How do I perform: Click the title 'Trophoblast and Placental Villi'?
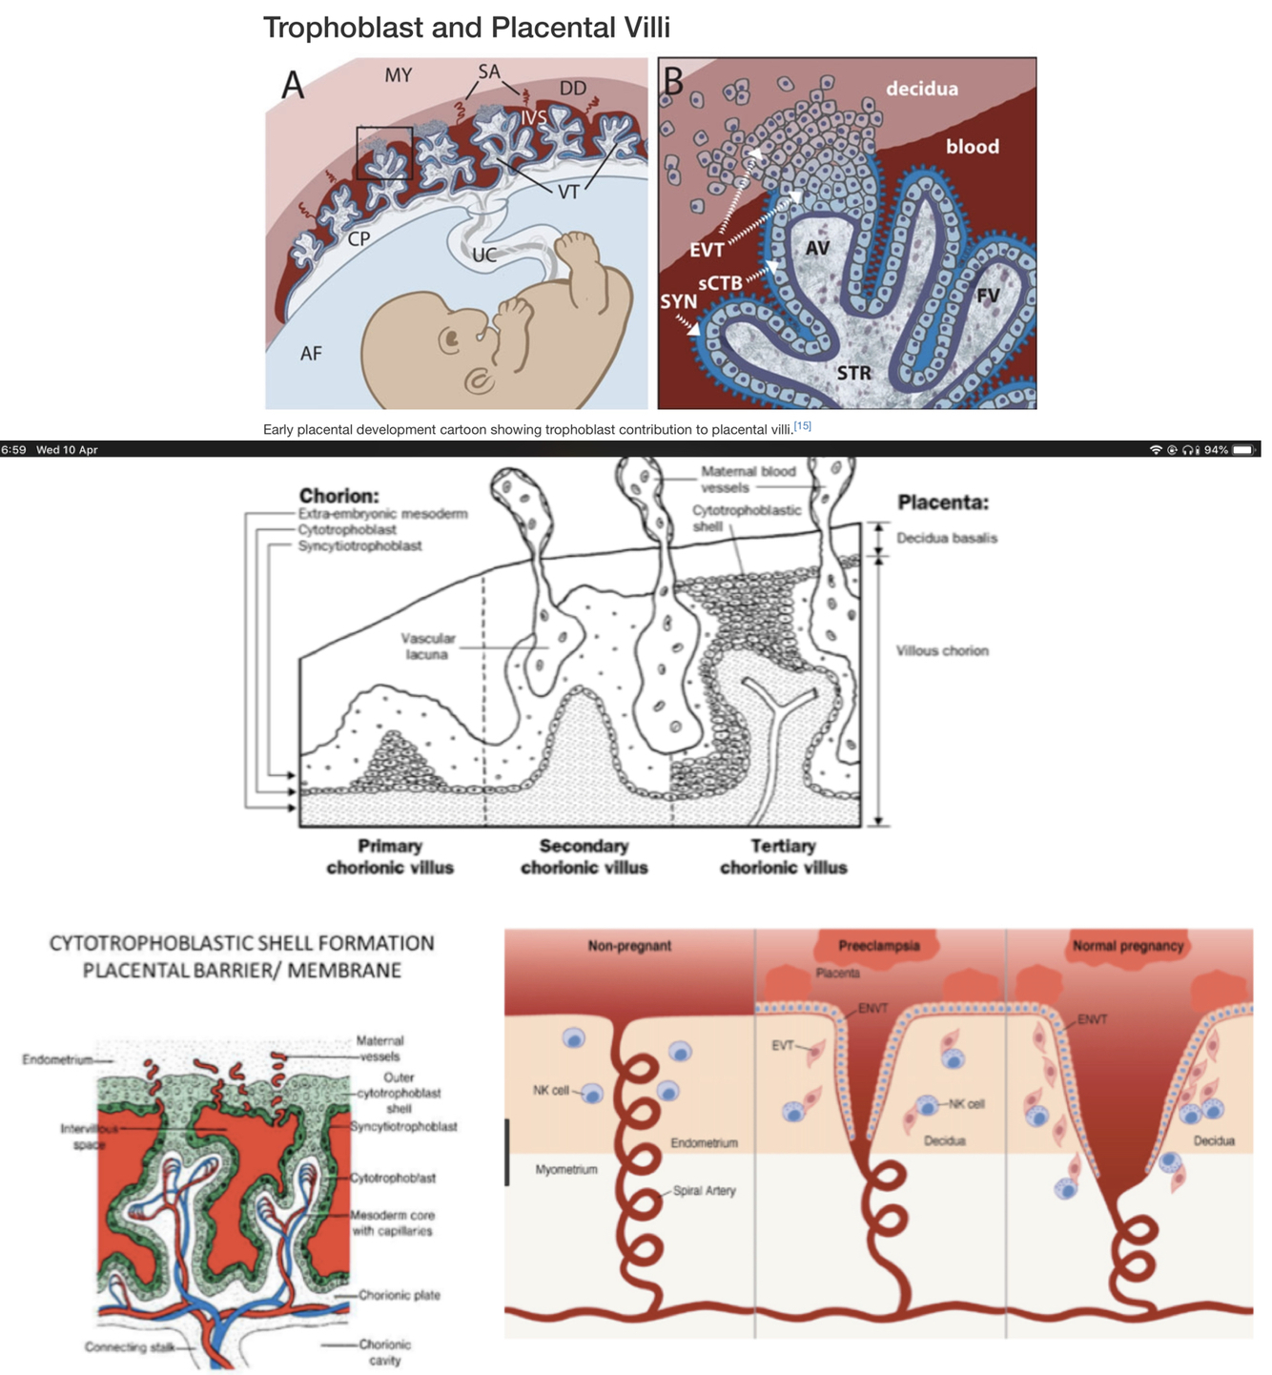tap(466, 28)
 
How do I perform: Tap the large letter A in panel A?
tap(293, 86)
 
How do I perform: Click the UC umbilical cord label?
tap(484, 256)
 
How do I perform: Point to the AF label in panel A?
tap(311, 354)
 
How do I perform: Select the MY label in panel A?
tap(399, 75)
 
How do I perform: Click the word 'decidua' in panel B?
tap(921, 89)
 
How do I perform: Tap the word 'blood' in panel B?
tap(972, 147)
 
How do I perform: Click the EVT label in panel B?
tap(707, 251)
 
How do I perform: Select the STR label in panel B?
tap(853, 373)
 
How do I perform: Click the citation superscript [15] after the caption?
tap(802, 426)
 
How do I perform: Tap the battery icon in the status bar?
tap(1243, 449)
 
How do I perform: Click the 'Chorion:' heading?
tap(339, 496)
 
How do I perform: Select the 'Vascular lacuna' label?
tap(427, 646)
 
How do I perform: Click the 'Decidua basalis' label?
tap(946, 538)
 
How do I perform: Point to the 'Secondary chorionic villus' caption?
tap(584, 856)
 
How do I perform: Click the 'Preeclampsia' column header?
tap(878, 946)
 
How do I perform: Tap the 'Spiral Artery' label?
tap(704, 1190)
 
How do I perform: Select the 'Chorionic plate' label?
tap(399, 1295)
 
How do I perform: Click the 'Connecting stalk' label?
tap(129, 1346)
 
